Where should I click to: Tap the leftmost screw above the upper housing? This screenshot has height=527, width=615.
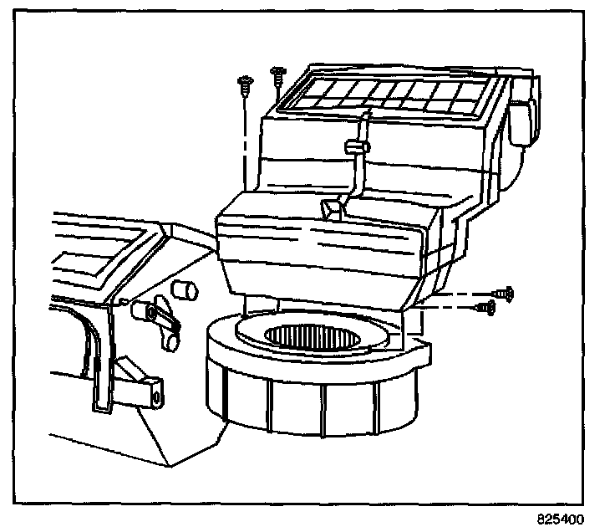pyautogui.click(x=245, y=82)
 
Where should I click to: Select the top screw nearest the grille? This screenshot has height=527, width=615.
pyautogui.click(x=277, y=74)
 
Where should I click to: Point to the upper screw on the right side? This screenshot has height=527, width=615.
pyautogui.click(x=504, y=293)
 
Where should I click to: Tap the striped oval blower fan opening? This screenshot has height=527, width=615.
pyautogui.click(x=313, y=337)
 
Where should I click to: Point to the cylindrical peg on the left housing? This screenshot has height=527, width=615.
pyautogui.click(x=183, y=289)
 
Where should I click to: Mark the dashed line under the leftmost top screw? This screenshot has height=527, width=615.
pyautogui.click(x=244, y=142)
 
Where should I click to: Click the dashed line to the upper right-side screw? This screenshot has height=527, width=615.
pyautogui.click(x=460, y=295)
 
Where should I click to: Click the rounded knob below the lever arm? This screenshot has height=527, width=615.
pyautogui.click(x=172, y=342)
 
